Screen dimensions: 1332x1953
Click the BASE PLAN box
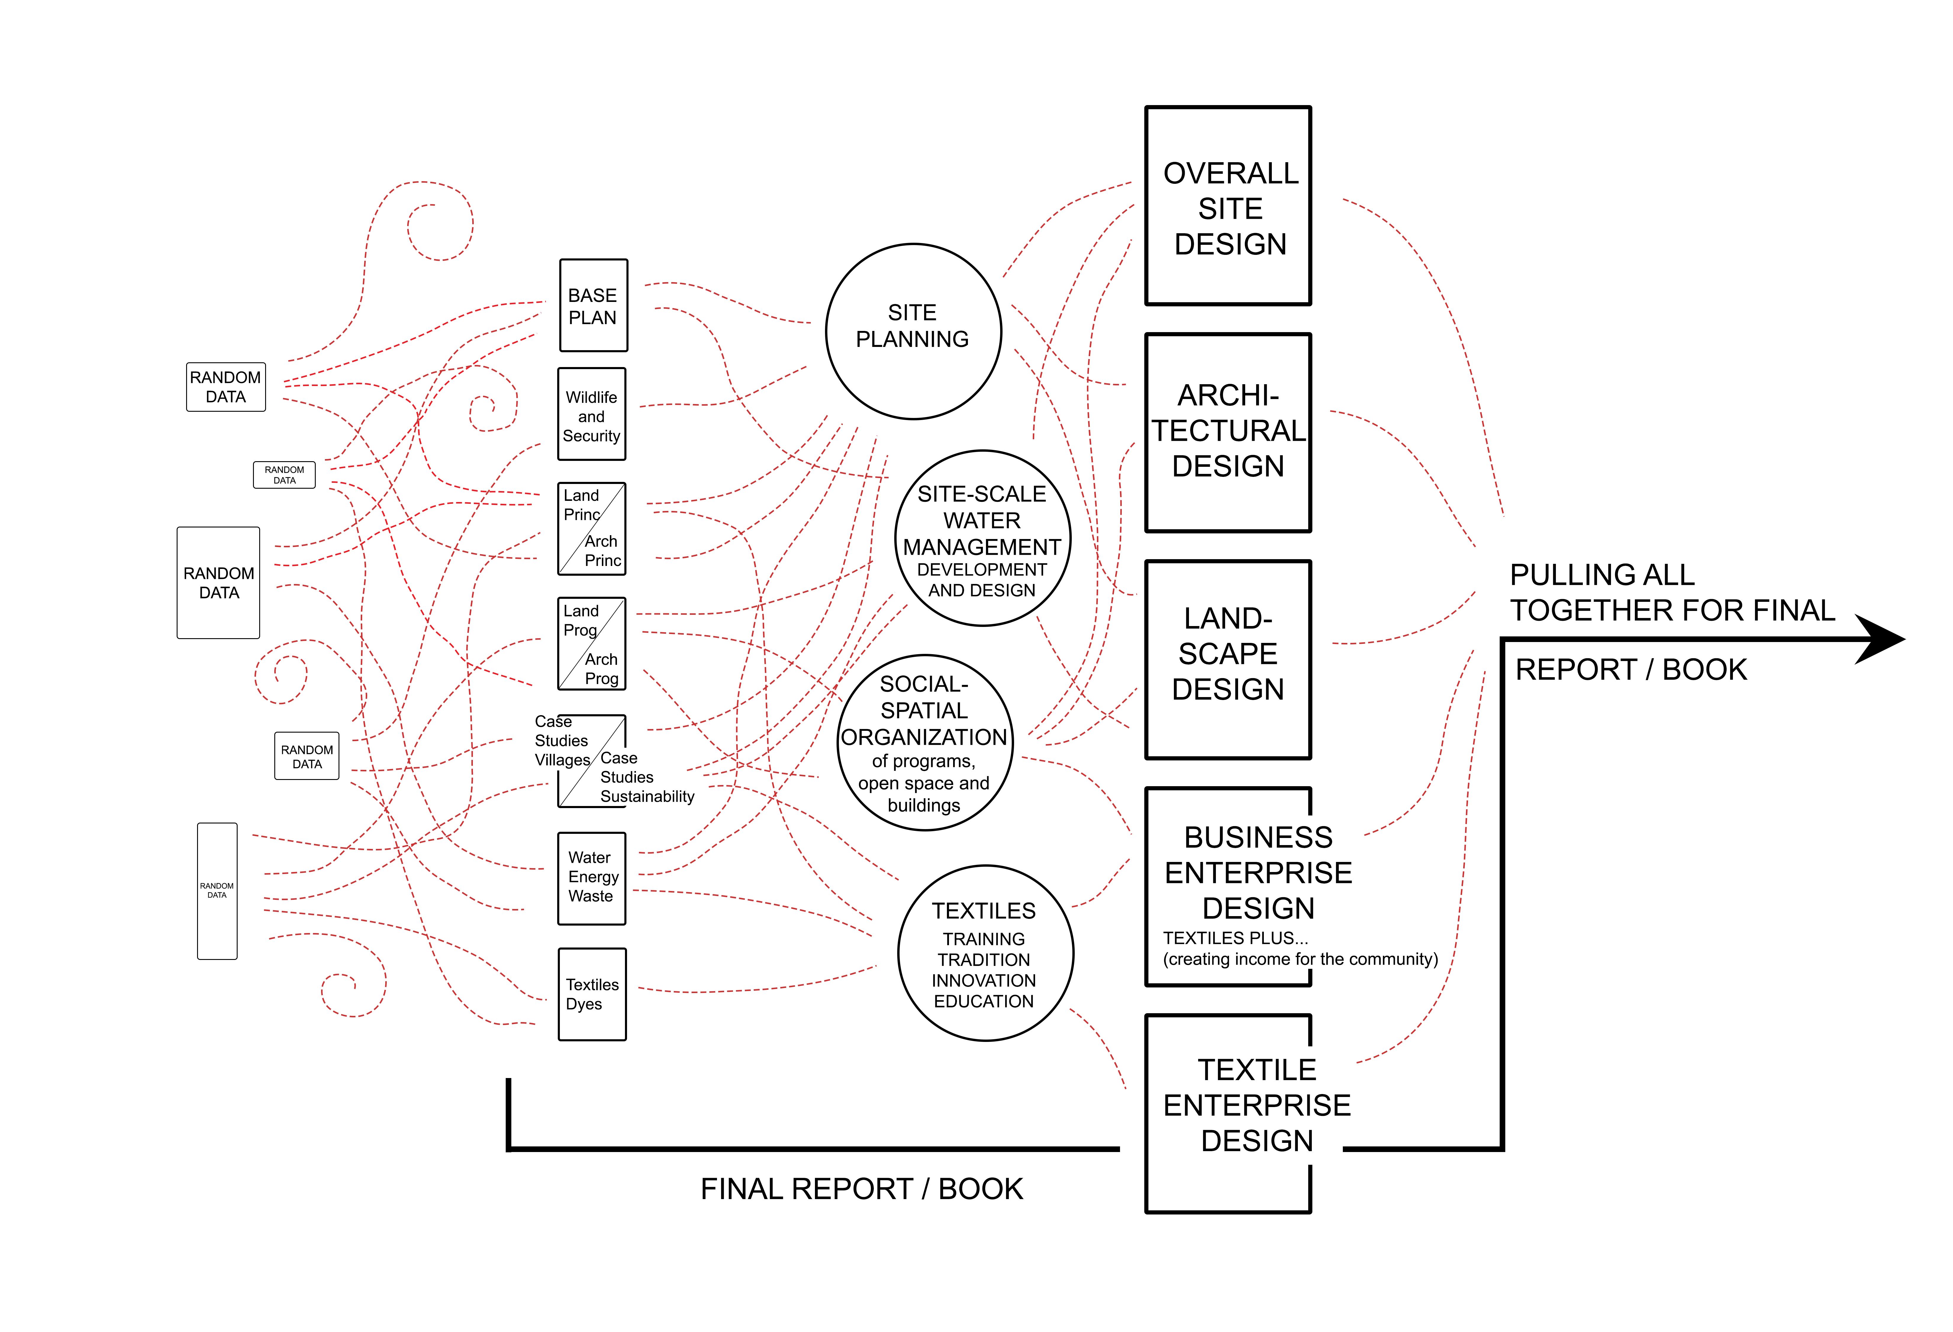tap(593, 306)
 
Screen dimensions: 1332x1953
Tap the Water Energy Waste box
tap(592, 878)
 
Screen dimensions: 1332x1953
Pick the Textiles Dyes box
tap(592, 994)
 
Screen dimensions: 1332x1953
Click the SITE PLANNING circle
tap(913, 331)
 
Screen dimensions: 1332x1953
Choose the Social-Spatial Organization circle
tap(924, 743)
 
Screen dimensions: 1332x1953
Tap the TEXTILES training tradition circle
tap(985, 953)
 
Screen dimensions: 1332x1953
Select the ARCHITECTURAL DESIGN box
tap(1229, 432)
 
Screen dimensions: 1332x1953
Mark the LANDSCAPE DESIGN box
tap(1229, 660)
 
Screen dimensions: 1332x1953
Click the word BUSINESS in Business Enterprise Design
tap(1258, 838)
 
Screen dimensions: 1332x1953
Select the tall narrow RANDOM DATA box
tap(217, 891)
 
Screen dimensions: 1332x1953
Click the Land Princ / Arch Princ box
tap(592, 529)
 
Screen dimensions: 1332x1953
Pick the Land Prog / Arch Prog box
tap(592, 644)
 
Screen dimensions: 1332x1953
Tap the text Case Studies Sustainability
tap(646, 777)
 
